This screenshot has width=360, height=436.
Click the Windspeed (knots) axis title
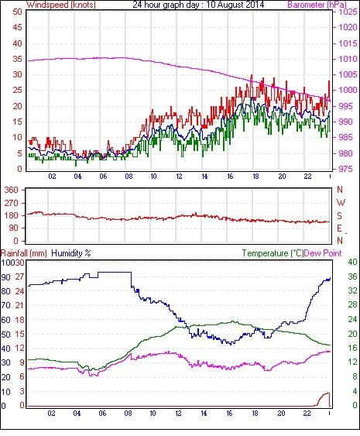point(61,5)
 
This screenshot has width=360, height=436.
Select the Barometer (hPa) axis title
point(317,5)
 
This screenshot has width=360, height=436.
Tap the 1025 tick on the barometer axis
point(348,12)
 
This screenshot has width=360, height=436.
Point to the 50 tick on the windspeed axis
point(17,12)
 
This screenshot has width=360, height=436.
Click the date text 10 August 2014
point(235,5)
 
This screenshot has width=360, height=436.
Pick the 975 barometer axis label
point(345,169)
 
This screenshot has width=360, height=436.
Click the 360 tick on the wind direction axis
point(12,191)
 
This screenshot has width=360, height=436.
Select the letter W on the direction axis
point(341,203)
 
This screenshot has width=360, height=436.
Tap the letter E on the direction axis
point(339,228)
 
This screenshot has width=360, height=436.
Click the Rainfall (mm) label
point(24,253)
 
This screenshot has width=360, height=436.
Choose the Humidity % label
point(71,253)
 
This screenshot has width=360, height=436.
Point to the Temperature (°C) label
point(273,253)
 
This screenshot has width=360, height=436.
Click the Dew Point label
point(323,253)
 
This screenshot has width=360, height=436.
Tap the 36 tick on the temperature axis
point(352,276)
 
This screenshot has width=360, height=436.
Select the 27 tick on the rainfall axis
point(19,277)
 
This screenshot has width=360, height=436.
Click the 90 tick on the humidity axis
point(5,277)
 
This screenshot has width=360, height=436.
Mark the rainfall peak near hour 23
point(328,393)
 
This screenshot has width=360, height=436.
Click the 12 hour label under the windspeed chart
point(179,177)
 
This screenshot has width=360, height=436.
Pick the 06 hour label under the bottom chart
point(102,414)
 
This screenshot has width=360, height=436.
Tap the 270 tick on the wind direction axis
point(12,203)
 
